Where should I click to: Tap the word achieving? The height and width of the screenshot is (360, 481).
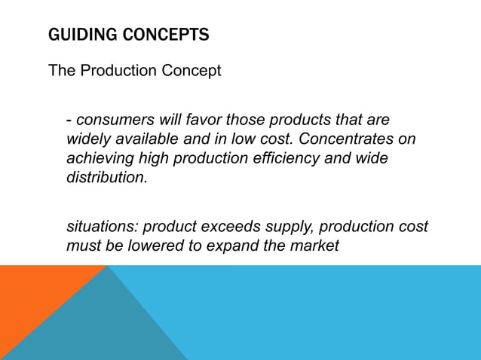point(98,160)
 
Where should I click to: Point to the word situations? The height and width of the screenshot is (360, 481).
point(102,227)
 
